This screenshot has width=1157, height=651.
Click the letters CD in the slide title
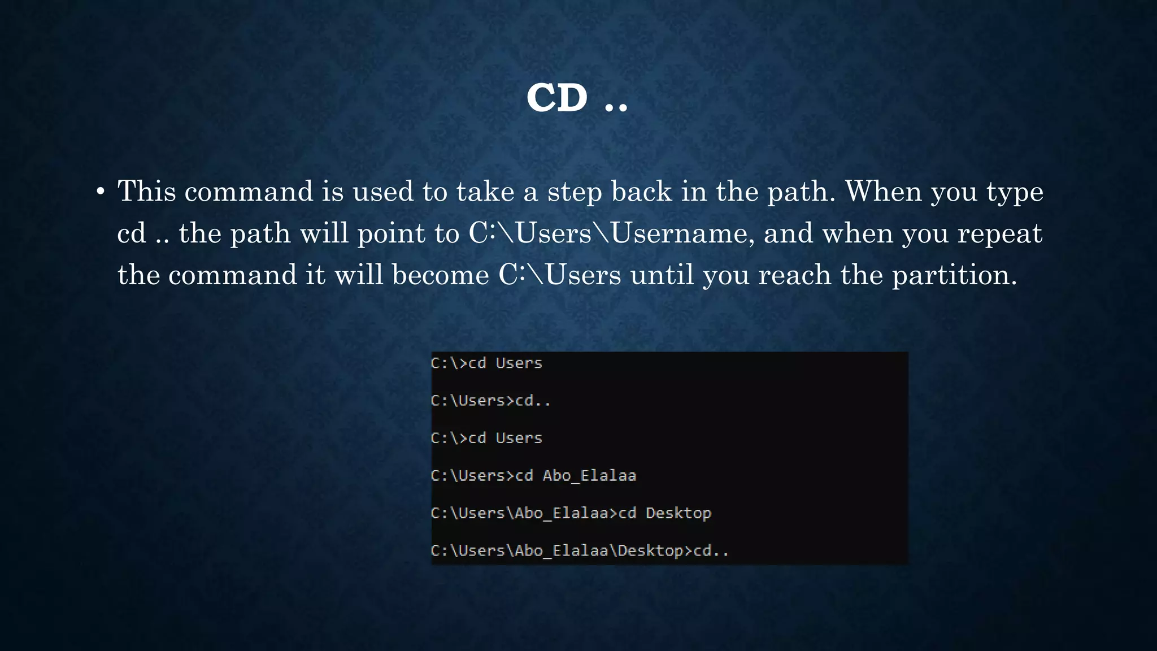pyautogui.click(x=557, y=98)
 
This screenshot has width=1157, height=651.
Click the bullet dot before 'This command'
pyautogui.click(x=100, y=192)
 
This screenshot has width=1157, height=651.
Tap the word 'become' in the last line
pyautogui.click(x=440, y=275)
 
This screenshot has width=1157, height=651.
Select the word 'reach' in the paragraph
pyautogui.click(x=794, y=275)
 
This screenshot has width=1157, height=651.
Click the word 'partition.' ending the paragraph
pyautogui.click(x=954, y=276)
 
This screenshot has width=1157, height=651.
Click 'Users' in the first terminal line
pyautogui.click(x=519, y=363)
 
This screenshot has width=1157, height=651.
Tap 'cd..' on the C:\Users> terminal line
pyautogui.click(x=533, y=401)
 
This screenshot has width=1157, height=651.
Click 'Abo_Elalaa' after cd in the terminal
pyautogui.click(x=589, y=476)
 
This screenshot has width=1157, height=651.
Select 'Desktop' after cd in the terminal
pyautogui.click(x=678, y=513)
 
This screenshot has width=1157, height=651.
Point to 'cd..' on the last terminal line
pyautogui.click(x=711, y=551)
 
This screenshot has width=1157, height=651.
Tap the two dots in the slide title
pyautogui.click(x=616, y=106)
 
